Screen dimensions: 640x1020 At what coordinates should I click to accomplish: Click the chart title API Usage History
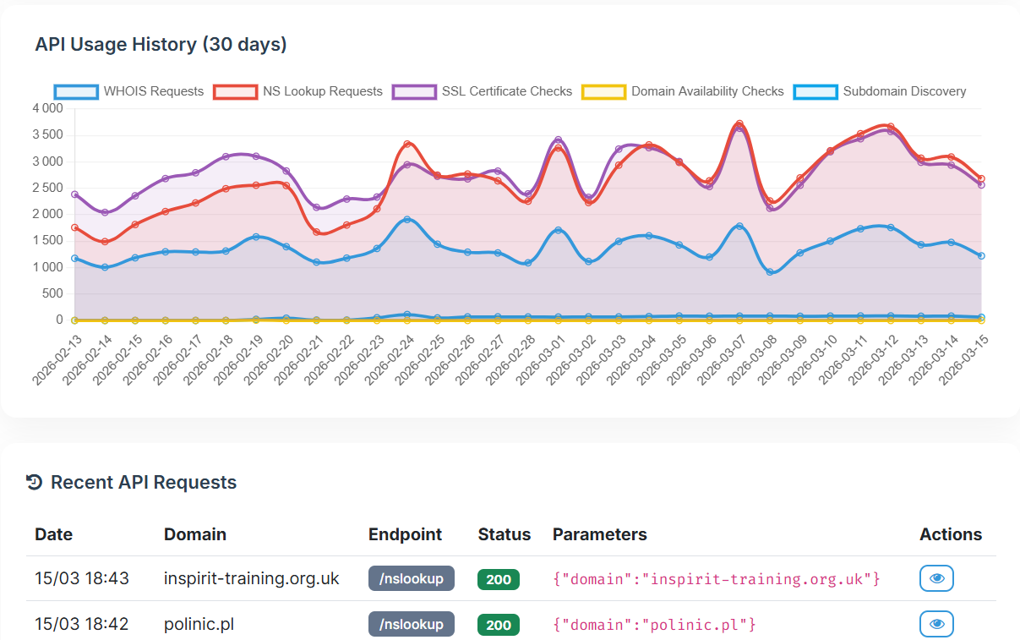coord(161,45)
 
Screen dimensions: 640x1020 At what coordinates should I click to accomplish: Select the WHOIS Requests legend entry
coord(129,91)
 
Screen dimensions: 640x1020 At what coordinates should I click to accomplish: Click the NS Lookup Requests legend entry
coord(297,91)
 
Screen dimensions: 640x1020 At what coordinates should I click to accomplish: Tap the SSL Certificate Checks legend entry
coord(483,91)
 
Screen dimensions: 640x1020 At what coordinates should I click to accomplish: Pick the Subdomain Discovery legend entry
coord(880,91)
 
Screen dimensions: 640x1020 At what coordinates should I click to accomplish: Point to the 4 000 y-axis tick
coord(47,108)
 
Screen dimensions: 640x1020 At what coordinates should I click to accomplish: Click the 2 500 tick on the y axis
coord(47,188)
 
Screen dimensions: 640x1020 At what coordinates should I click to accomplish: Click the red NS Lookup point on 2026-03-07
coord(739,123)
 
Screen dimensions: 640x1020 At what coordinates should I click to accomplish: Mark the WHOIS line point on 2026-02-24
coord(407,220)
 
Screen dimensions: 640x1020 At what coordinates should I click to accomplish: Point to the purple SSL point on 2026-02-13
coord(74,194)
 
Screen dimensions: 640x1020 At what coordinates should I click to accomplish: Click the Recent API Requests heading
coord(143,483)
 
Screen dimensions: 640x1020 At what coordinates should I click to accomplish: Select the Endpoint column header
coord(405,534)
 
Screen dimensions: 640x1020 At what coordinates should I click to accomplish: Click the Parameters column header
coord(599,534)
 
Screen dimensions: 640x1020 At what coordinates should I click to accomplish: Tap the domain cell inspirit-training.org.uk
coord(251,579)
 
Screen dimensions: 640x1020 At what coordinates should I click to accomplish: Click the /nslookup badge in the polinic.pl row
coord(412,625)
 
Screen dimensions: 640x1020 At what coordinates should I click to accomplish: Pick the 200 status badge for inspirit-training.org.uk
coord(499,579)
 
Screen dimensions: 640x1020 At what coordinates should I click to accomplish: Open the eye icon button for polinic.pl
coord(936,624)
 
